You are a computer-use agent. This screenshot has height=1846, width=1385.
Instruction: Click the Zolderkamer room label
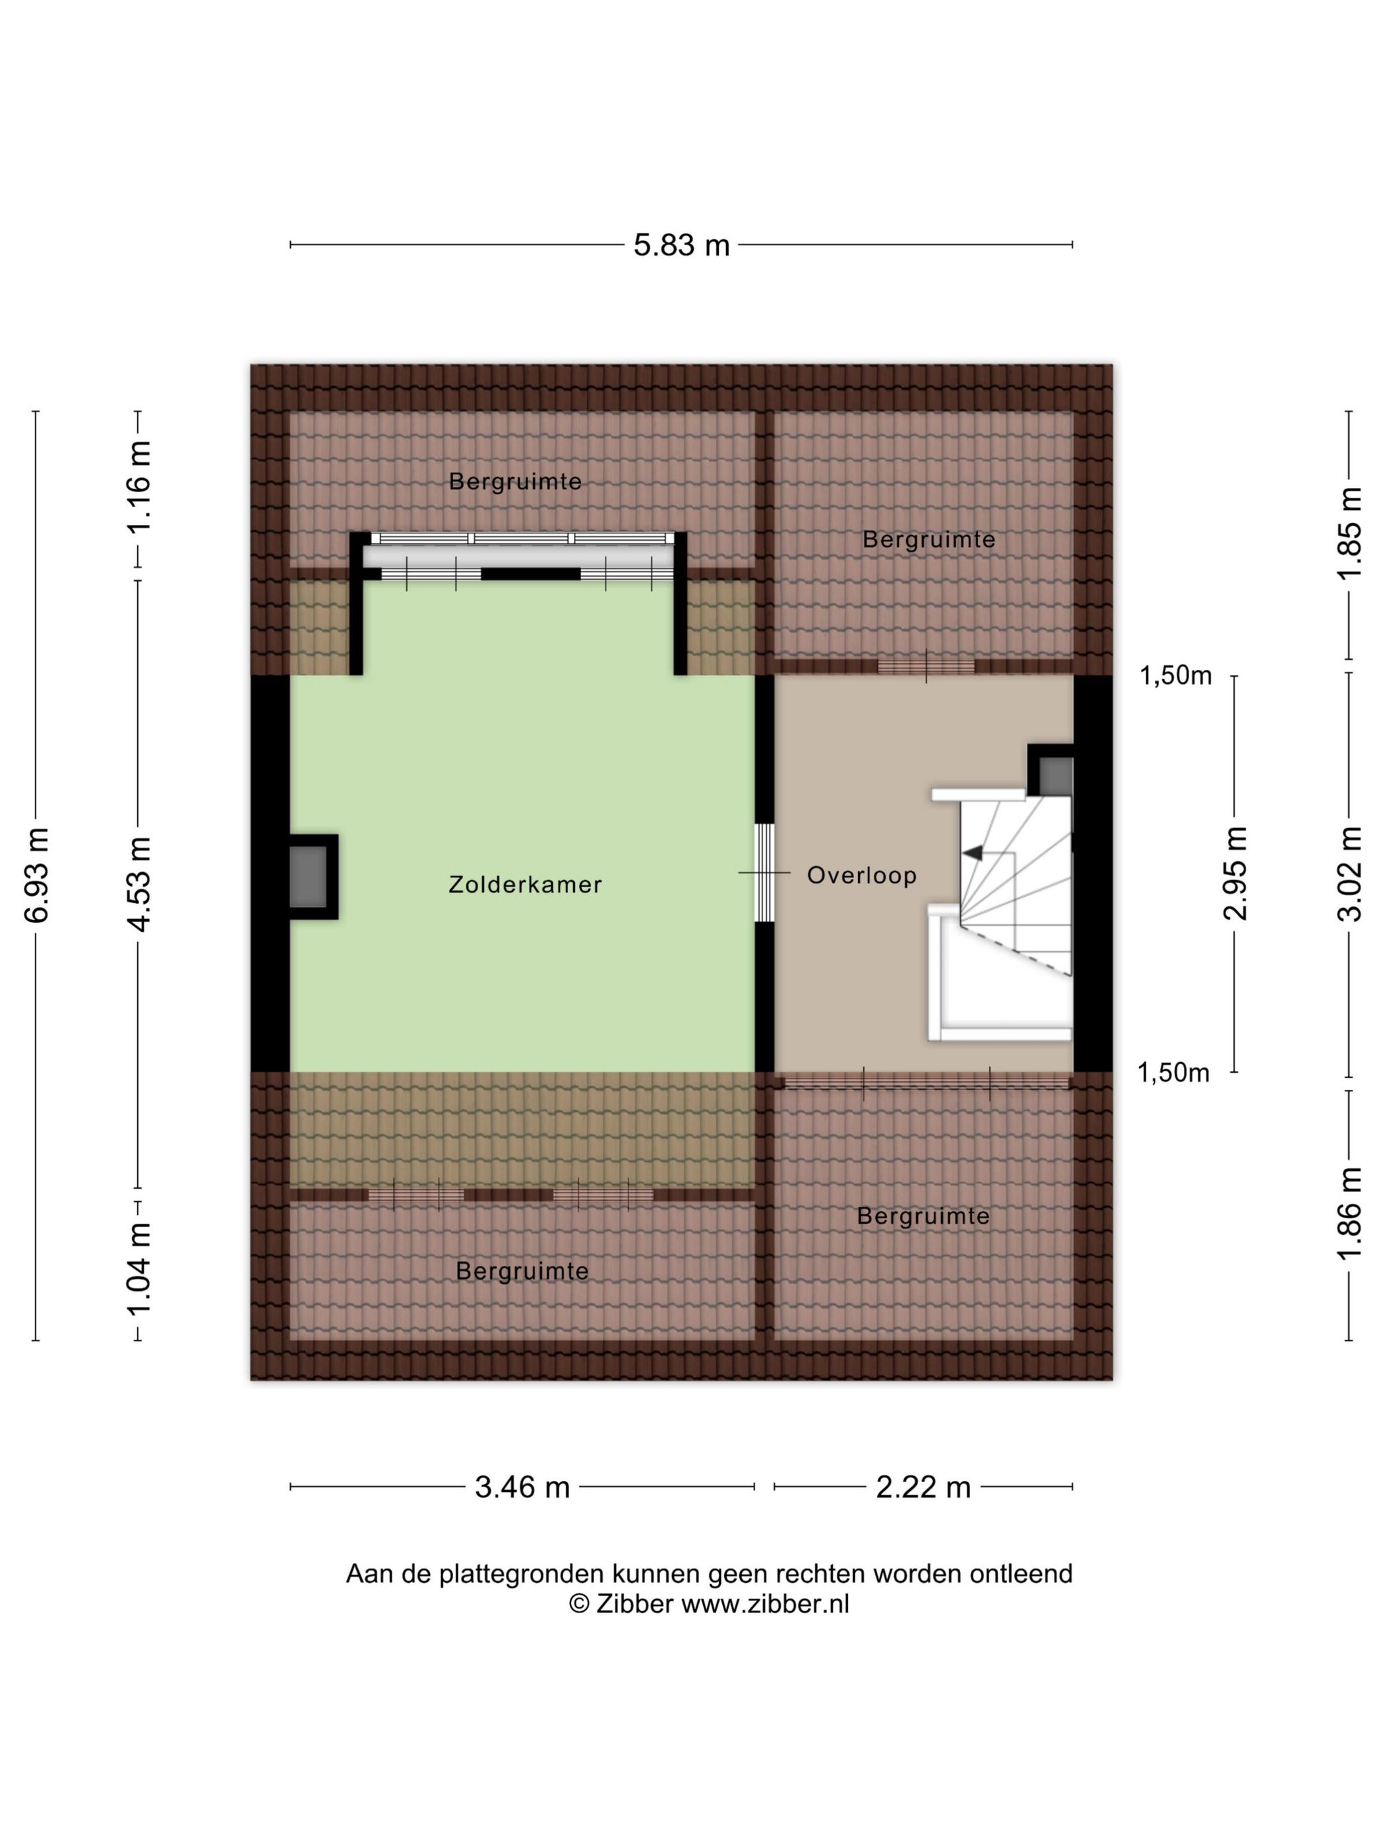click(x=524, y=885)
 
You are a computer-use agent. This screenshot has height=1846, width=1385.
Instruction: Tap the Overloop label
click(x=861, y=876)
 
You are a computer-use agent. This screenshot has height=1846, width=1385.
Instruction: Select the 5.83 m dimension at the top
click(x=681, y=245)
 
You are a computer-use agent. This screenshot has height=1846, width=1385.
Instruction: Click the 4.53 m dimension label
click(x=139, y=884)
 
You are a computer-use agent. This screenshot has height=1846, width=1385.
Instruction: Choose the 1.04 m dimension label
click(x=139, y=1268)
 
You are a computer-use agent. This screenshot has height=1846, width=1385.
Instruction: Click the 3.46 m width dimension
click(x=522, y=1487)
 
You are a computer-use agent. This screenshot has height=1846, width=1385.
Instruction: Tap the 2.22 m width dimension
click(x=923, y=1487)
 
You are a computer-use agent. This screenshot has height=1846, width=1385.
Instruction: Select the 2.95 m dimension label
click(x=1235, y=873)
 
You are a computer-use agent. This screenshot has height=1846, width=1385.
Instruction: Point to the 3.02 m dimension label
click(x=1349, y=874)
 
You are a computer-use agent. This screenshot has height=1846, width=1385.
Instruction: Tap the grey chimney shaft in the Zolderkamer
click(x=308, y=876)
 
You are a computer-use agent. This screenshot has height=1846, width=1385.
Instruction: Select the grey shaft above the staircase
click(x=1056, y=776)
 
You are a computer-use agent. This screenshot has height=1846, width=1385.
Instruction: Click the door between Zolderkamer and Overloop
click(x=764, y=873)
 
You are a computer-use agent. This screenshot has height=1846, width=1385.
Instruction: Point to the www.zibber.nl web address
click(x=764, y=1603)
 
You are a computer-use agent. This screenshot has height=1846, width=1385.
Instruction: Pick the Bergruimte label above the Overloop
click(x=929, y=540)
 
